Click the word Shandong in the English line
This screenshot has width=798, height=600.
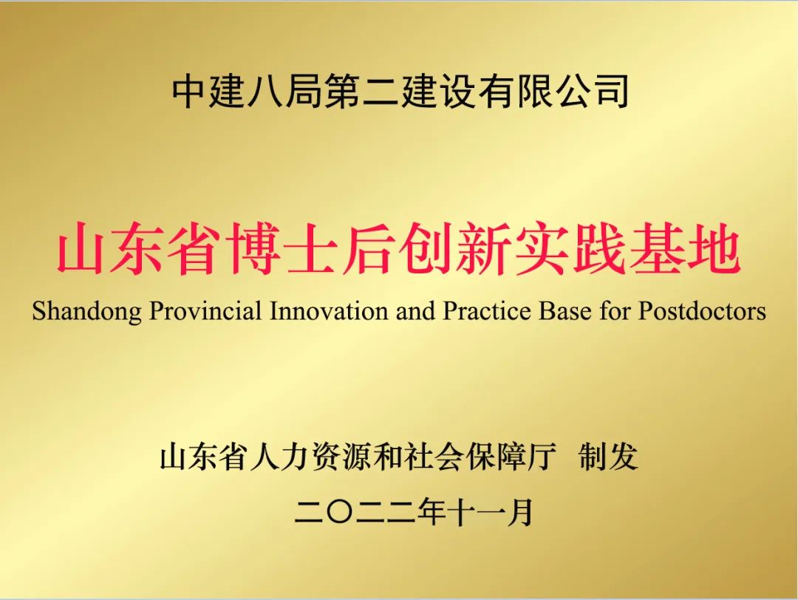pos(87,311)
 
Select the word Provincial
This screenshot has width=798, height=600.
pos(205,311)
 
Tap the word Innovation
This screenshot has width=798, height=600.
pos(329,311)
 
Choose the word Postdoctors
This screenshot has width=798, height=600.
pos(703,311)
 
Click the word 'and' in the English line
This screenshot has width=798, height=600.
pos(415,311)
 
